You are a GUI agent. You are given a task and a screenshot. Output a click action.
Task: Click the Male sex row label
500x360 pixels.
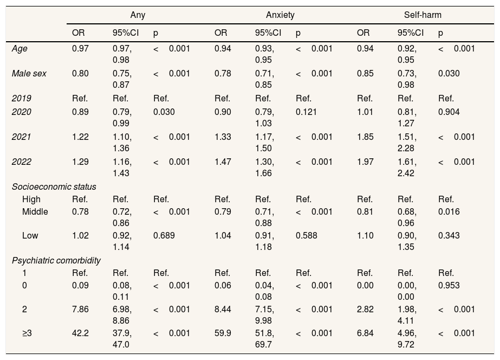click(29, 74)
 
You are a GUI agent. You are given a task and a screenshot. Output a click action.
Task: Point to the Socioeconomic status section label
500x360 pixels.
click(54, 187)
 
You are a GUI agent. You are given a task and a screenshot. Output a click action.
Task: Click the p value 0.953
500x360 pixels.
click(449, 285)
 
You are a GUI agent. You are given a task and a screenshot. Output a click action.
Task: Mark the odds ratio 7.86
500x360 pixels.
click(80, 310)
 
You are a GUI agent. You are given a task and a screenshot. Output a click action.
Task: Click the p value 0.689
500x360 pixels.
click(164, 236)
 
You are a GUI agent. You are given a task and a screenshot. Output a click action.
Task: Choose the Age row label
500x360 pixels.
click(19, 49)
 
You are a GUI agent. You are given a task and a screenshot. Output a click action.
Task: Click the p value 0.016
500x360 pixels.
click(449, 211)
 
